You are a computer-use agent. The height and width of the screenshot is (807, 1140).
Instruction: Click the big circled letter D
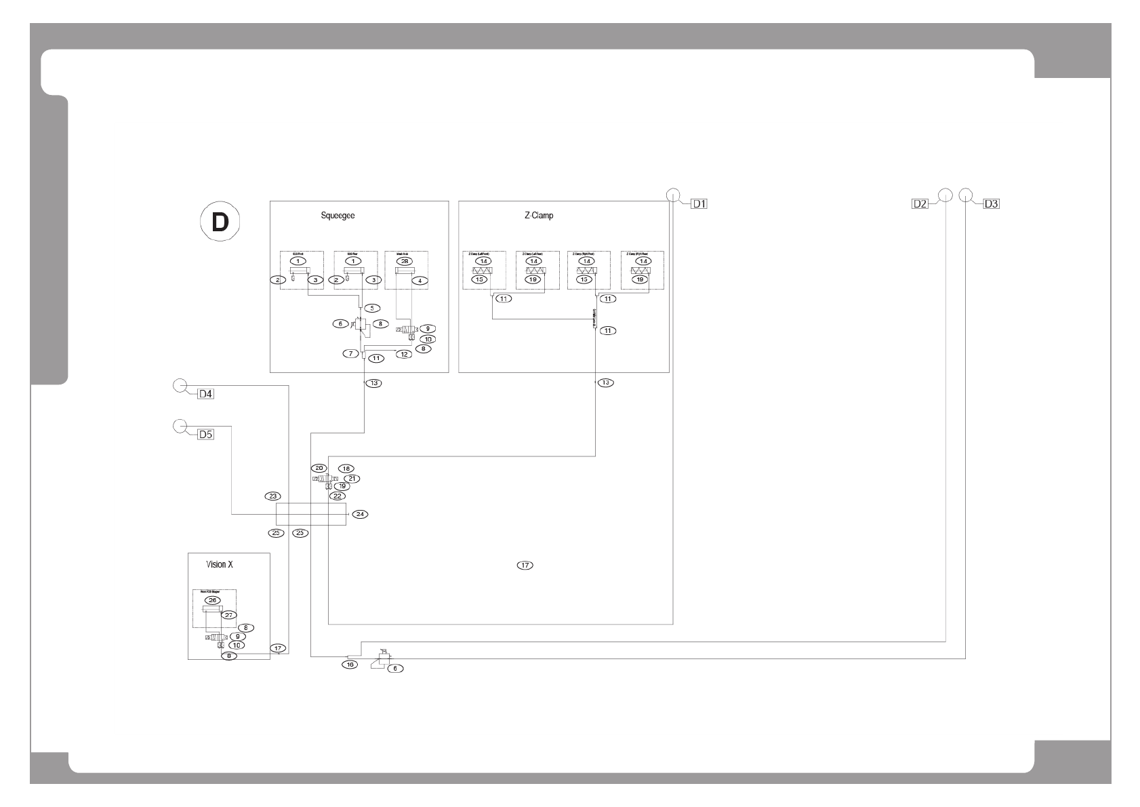(x=220, y=222)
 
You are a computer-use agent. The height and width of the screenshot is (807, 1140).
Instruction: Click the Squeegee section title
(x=338, y=216)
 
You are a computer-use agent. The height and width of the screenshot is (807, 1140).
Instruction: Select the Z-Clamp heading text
(x=539, y=216)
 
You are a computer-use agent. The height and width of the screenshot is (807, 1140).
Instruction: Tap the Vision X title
(x=220, y=564)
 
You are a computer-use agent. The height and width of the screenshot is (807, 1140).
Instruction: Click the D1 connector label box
(x=699, y=203)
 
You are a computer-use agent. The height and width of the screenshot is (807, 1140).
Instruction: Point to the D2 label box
(x=920, y=203)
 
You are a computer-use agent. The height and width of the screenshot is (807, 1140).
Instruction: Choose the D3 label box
(x=991, y=203)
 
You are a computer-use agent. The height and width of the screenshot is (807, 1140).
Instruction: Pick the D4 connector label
(x=205, y=394)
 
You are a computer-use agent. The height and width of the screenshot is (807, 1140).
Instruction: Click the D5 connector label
(x=205, y=435)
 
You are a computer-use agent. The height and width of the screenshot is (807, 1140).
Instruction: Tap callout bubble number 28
(x=404, y=261)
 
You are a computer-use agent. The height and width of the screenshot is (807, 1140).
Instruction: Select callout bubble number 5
(x=372, y=308)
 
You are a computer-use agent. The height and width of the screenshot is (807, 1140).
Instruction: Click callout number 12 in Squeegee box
(x=404, y=354)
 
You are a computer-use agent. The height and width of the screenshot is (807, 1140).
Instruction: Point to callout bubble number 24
(x=361, y=514)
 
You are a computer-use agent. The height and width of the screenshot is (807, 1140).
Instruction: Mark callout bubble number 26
(x=213, y=600)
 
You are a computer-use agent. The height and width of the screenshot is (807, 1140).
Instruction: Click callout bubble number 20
(x=319, y=469)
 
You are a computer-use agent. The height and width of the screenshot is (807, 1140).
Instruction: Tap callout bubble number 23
(x=273, y=496)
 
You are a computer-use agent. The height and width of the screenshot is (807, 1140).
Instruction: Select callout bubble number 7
(x=351, y=353)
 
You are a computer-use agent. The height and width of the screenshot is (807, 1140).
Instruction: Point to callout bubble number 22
(x=337, y=496)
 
